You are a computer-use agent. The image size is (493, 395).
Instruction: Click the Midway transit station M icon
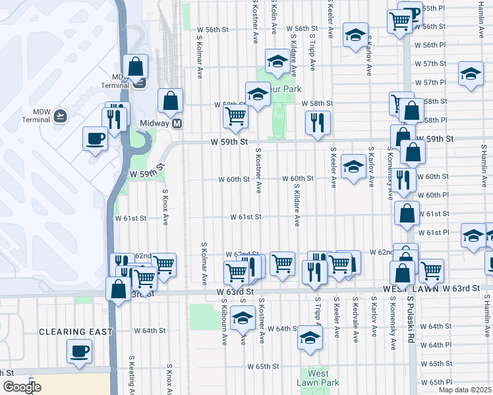[177, 124]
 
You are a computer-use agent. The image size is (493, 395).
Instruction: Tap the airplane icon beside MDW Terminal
[61, 116]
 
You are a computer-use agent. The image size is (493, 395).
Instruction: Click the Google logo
[21, 387]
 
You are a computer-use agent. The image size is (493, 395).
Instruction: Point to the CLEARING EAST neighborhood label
[76, 332]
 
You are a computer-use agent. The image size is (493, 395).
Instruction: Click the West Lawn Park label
[318, 378]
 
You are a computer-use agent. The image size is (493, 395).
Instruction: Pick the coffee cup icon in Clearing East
[79, 350]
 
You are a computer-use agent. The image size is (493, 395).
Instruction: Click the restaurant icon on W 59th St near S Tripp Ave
[318, 122]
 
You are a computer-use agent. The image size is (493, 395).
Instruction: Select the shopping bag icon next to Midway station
[170, 101]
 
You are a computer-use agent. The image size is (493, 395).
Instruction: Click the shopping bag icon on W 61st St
[407, 213]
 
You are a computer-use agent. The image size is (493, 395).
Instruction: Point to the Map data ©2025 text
[465, 388]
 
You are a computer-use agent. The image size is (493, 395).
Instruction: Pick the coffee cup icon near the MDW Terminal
[94, 139]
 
